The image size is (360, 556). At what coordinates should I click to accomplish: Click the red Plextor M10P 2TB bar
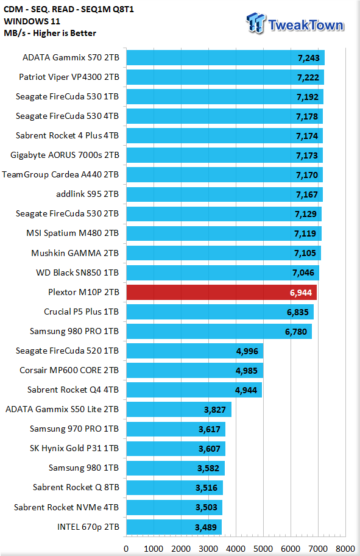pos(222,293)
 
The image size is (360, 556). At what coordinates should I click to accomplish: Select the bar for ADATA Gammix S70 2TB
pos(225,58)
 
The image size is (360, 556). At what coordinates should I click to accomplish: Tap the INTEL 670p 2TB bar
pos(174,527)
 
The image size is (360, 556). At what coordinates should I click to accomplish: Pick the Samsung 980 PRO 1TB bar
pos(219,332)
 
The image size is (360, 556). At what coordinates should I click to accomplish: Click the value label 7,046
pos(303,273)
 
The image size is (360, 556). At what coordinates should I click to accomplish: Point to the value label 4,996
pos(247,351)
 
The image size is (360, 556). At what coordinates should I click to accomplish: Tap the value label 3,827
pos(215,410)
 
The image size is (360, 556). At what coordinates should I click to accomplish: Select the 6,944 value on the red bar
pos(301,293)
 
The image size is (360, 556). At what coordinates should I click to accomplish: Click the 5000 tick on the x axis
pos(263,549)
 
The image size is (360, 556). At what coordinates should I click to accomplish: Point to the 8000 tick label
pos(345,549)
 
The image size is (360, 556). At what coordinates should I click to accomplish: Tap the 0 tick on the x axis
pos(126,549)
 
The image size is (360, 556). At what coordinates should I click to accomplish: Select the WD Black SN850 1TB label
pos(77,273)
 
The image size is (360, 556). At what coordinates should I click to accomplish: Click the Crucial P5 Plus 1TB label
pos(81,312)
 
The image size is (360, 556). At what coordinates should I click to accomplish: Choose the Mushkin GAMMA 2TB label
pos(75,253)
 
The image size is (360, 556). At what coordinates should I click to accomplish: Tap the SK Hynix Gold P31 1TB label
pos(74,448)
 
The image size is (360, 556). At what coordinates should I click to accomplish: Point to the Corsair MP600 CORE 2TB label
pos(69,370)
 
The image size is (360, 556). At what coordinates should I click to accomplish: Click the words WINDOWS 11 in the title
pos(32,21)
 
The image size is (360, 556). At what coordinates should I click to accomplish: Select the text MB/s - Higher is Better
pos(50,33)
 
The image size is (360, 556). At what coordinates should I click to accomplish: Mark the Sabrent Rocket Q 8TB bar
pos(175,488)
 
